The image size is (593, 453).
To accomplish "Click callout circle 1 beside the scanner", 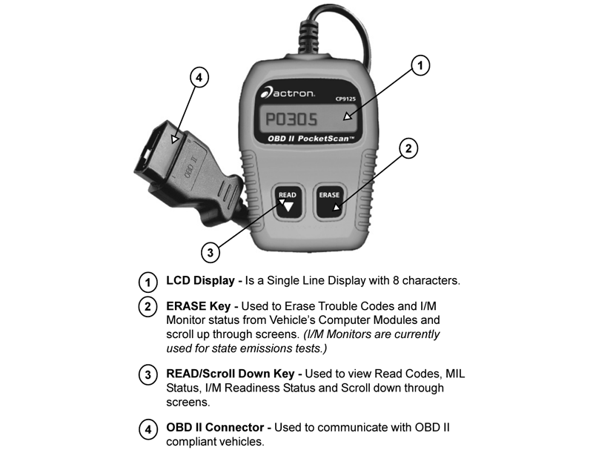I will point(420,66).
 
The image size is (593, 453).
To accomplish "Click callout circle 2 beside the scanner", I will point(406,148).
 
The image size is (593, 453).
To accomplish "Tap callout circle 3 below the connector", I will point(211,253).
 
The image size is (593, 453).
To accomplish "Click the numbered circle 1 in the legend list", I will point(148,282).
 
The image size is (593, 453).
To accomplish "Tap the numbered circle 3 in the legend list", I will point(148,375).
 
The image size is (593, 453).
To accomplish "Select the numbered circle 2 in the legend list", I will point(148,306).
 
